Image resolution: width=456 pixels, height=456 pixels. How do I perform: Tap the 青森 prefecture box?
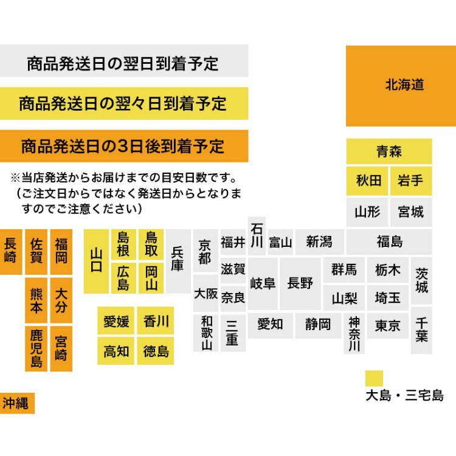pos(389,151)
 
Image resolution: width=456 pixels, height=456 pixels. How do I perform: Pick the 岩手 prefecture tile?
pos(411,181)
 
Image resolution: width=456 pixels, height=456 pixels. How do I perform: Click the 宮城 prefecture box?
pos(411,212)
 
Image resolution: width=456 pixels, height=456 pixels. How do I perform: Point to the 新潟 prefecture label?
pos(320,242)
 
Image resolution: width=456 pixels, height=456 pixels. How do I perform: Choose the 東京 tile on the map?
pos(388,326)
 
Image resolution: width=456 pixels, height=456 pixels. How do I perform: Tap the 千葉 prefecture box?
pos(422,329)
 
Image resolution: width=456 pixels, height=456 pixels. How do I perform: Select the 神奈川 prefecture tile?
pos(354,334)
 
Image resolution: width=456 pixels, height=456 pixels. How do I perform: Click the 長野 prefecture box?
pos(300,283)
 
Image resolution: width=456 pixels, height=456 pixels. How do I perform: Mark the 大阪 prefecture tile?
pos(206,293)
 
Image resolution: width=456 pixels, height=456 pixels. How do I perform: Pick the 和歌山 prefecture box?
pos(206,333)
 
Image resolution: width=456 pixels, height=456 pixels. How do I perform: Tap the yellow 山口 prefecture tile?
pos(95,261)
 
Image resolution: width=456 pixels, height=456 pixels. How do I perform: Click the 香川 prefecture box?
pos(156,321)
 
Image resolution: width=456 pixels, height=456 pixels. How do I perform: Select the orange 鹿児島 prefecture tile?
pos(36,349)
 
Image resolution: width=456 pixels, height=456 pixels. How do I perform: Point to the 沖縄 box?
pos(17,402)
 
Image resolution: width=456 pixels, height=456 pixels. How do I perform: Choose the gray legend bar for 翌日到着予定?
pos(124,63)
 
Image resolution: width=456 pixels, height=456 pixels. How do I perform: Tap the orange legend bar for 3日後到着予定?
pos(124,147)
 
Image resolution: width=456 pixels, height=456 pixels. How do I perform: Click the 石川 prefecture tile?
pos(257,234)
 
